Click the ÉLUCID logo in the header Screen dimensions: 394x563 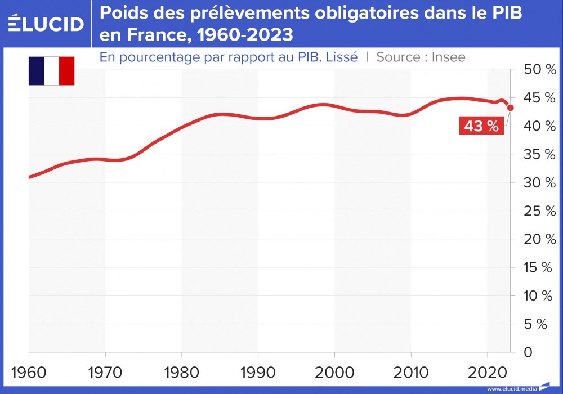tap(46, 23)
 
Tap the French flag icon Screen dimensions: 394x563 tap(52, 71)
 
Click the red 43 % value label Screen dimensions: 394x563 tap(481, 127)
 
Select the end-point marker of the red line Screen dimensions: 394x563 tap(511, 108)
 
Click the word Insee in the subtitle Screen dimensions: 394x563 tap(448, 57)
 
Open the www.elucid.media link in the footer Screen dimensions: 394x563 tap(512, 389)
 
